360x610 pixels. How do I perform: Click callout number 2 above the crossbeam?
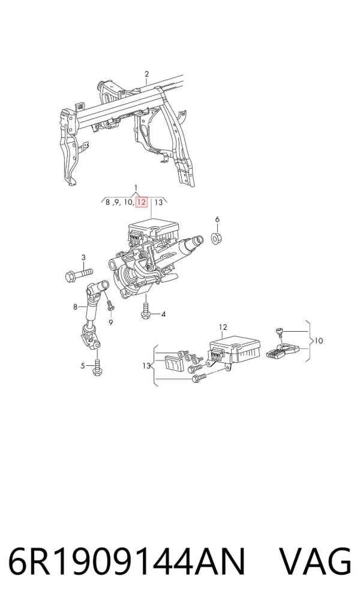(x=147, y=74)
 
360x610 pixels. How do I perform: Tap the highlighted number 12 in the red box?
(x=141, y=202)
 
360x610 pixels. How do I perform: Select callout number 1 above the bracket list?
(x=136, y=188)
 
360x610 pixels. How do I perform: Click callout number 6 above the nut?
(x=217, y=220)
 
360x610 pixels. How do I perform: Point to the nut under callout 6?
(x=216, y=238)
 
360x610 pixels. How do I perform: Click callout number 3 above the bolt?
(x=83, y=257)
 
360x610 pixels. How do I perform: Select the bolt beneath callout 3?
(x=79, y=274)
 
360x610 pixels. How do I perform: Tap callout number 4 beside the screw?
(x=163, y=314)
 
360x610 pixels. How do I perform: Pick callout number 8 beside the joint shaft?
(x=75, y=307)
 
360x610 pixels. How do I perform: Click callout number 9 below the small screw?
(x=111, y=322)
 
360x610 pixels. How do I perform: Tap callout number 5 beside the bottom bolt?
(x=83, y=366)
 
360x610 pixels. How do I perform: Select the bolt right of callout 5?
(x=97, y=366)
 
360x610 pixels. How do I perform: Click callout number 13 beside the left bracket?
(x=146, y=366)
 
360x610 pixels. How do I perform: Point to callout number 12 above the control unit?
(x=223, y=327)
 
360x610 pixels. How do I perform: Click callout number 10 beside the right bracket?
(x=319, y=341)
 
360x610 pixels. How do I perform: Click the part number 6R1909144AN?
(x=127, y=561)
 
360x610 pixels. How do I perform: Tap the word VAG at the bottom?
(x=315, y=561)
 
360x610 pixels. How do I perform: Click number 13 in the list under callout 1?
(x=158, y=202)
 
